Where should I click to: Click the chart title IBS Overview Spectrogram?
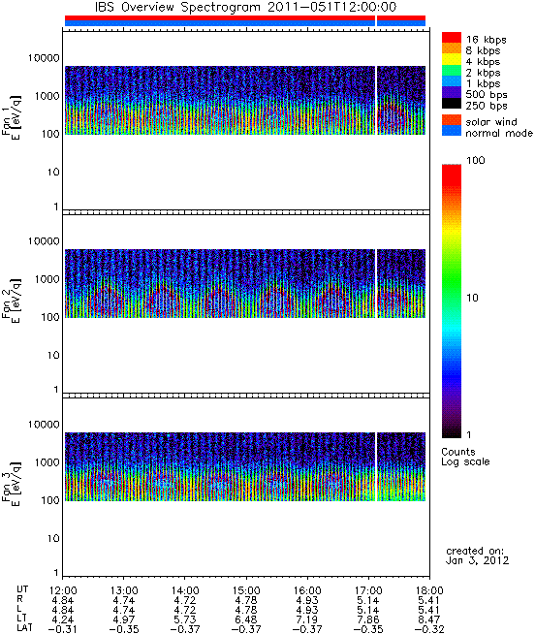tap(177, 7)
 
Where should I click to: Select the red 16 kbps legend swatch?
tap(452, 37)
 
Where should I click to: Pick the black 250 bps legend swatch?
tap(452, 104)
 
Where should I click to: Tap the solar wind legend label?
tap(491, 122)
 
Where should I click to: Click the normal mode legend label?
tap(499, 133)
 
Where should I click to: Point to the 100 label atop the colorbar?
tap(476, 160)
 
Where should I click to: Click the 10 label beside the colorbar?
tap(473, 298)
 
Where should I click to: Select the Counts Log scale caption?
tap(465, 457)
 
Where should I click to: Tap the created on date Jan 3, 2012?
tap(477, 560)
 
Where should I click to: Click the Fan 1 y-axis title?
tap(12, 116)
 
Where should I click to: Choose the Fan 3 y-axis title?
tap(12, 483)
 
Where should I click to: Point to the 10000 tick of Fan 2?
tap(44, 241)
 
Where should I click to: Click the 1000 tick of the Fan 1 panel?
tap(47, 96)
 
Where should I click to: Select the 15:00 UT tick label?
tap(246, 590)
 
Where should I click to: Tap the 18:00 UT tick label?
tap(429, 590)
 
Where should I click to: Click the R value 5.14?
tap(368, 600)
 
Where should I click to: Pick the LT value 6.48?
tap(246, 619)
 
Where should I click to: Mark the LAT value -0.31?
tap(62, 629)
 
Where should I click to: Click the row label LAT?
tap(24, 628)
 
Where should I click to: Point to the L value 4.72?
tap(185, 610)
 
